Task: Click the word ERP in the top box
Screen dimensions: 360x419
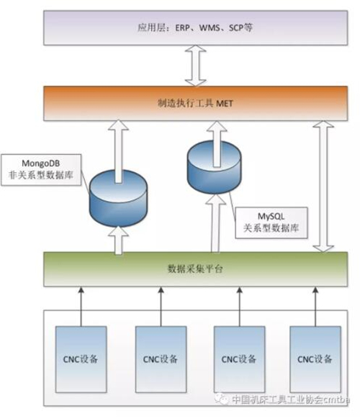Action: click(183, 28)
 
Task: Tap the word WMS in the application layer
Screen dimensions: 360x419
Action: click(210, 28)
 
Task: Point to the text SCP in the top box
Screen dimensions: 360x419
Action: click(235, 28)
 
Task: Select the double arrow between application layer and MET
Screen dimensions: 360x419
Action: click(196, 66)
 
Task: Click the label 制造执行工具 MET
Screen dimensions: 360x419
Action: click(195, 104)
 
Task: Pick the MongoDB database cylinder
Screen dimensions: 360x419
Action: click(118, 198)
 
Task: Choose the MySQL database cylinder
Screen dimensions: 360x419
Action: click(214, 167)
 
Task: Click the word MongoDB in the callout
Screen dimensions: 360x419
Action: click(40, 163)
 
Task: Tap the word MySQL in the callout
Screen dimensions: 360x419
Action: click(271, 216)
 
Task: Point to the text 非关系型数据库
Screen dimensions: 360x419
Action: click(41, 175)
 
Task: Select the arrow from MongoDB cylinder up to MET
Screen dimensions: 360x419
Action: click(118, 151)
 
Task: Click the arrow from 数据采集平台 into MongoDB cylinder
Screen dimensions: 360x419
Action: click(118, 240)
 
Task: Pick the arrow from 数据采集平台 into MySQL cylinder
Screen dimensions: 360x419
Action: click(215, 223)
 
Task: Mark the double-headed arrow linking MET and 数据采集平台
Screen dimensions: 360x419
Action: click(323, 186)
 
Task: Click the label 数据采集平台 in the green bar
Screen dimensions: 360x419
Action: click(195, 269)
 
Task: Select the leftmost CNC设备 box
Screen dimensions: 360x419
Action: click(81, 359)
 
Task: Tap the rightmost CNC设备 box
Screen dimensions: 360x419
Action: click(315, 359)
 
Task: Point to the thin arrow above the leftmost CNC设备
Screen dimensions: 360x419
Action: click(81, 307)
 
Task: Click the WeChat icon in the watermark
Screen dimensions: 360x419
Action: click(222, 400)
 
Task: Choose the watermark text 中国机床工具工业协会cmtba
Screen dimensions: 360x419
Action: click(291, 400)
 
